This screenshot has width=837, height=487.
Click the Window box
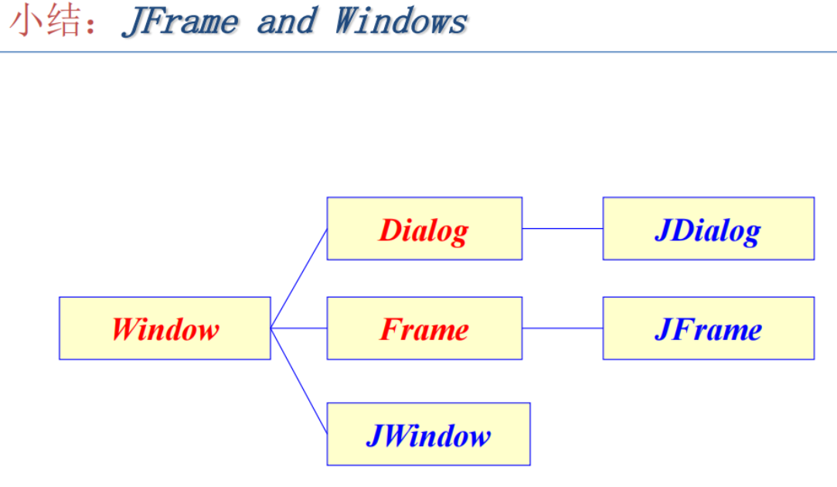point(165,329)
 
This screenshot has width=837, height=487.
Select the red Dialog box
point(424,229)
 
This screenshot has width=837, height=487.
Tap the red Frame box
point(424,329)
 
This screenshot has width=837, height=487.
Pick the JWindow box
point(428,434)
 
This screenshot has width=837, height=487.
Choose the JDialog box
point(708,229)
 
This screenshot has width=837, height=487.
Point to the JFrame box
point(708,329)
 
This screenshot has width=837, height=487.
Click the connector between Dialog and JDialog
point(563,229)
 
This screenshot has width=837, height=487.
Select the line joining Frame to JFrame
point(563,329)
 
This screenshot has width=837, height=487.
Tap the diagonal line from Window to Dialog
point(299,278)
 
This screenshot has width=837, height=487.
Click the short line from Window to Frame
point(299,329)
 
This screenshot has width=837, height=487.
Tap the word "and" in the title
point(286,22)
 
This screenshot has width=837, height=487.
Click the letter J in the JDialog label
point(662,230)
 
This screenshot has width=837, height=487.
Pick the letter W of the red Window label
point(124,329)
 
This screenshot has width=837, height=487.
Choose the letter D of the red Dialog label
point(389,230)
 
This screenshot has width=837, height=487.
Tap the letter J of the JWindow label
point(373,435)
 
